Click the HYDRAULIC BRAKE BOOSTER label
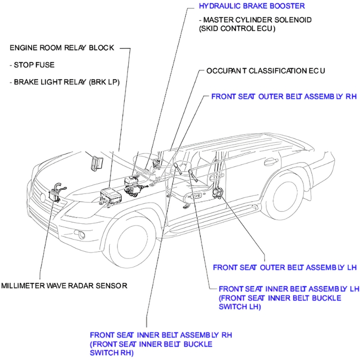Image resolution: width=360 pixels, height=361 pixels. click(252, 6)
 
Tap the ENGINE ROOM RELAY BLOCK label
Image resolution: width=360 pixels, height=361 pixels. click(62, 47)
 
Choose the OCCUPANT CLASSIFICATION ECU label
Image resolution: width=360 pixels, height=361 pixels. click(265, 71)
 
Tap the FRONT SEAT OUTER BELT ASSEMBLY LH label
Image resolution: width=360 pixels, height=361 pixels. click(284, 267)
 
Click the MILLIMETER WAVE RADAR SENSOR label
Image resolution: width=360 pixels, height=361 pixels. click(64, 285)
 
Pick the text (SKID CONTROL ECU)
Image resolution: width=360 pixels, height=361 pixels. click(237, 28)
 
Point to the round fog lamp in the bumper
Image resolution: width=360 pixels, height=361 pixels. click(81, 235)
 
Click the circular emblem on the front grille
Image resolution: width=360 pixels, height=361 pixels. click(43, 197)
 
